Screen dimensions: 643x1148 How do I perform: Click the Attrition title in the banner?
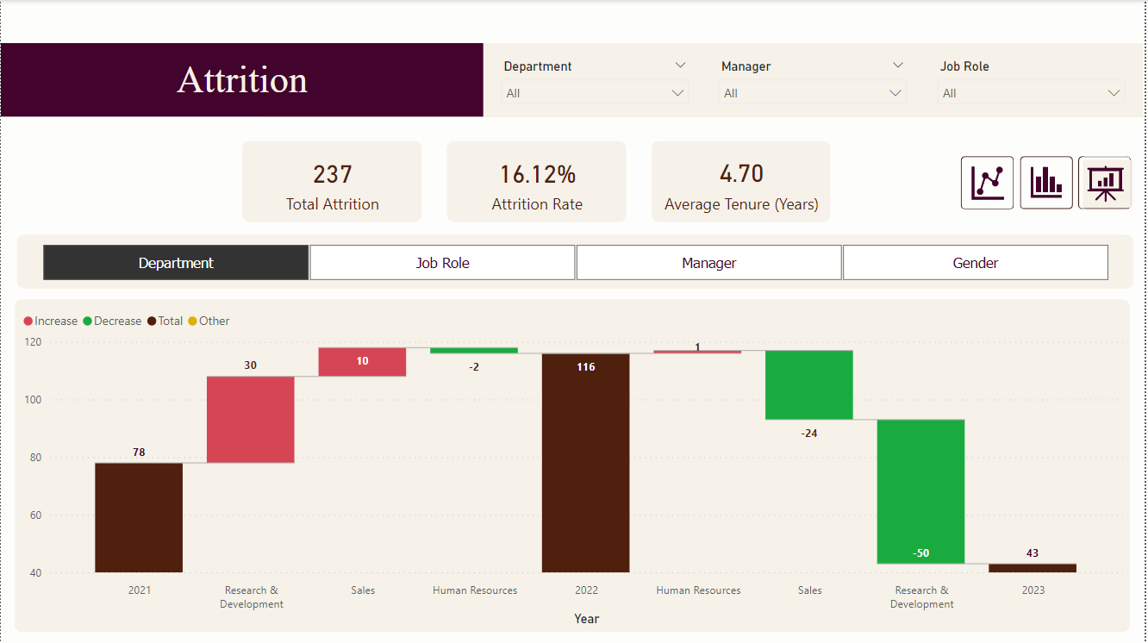click(242, 80)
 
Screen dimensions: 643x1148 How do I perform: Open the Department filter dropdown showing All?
click(595, 93)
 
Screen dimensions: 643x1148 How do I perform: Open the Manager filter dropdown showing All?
click(813, 93)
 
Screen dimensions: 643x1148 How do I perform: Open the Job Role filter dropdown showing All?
click(1031, 93)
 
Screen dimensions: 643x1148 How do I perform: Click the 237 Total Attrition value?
click(332, 174)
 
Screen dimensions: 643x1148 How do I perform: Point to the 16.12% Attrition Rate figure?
click(537, 174)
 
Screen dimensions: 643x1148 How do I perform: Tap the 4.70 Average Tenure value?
click(741, 174)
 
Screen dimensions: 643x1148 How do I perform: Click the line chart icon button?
click(987, 183)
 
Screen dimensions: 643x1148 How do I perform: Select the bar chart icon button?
click(1046, 183)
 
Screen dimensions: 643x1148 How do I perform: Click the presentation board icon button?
click(1104, 183)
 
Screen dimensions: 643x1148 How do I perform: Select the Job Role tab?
click(442, 263)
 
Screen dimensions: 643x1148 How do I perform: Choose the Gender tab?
click(975, 263)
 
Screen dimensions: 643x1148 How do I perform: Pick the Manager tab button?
click(708, 263)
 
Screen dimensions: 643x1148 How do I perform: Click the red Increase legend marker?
click(28, 321)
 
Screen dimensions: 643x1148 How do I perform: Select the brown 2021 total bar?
click(139, 517)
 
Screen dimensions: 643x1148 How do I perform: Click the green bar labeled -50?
click(920, 491)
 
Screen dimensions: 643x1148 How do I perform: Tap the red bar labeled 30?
click(251, 420)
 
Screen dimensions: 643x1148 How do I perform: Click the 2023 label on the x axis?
click(1033, 590)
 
